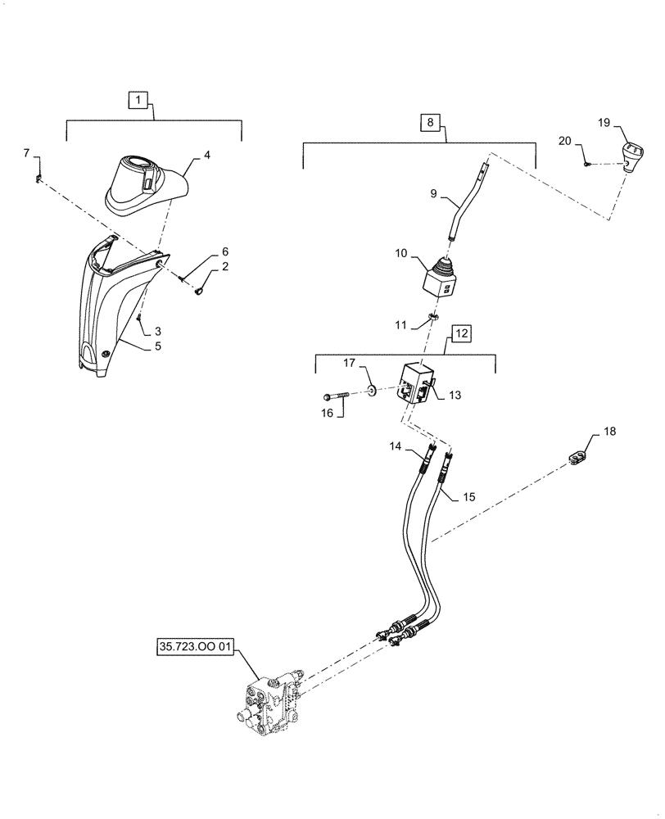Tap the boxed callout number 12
pos(461,333)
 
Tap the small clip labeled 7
pos(38,179)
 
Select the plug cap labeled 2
pos(201,286)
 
